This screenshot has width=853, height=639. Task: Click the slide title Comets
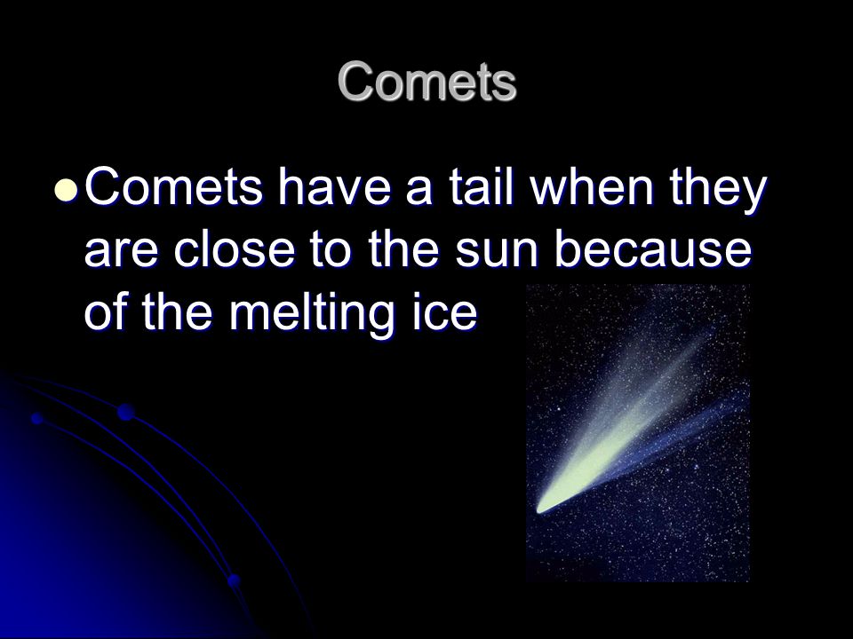click(x=427, y=82)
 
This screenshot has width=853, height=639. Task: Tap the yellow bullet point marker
click(x=67, y=191)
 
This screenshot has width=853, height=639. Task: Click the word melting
click(x=310, y=315)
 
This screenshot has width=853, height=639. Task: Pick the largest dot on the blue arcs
click(x=125, y=413)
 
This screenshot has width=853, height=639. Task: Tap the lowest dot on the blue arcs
click(x=234, y=580)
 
